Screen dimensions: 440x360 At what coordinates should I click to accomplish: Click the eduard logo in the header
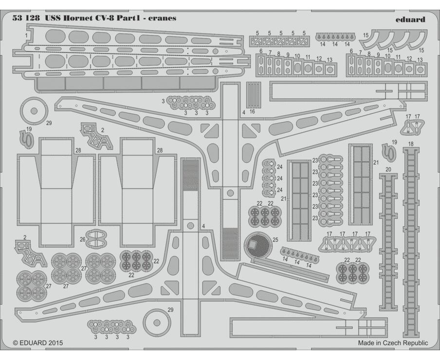point(410,19)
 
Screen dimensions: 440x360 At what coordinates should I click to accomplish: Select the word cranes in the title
point(162,18)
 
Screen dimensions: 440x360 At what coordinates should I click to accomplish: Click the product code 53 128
point(25,18)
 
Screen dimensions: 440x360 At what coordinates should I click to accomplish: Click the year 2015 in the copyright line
point(55,343)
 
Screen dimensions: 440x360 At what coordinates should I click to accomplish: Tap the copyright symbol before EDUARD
point(16,343)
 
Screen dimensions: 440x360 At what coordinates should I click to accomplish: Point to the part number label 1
point(26,36)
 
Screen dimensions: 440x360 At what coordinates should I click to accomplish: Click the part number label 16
point(252,111)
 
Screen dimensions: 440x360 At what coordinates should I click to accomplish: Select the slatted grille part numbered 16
point(254,95)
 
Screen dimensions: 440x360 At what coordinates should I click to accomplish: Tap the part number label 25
point(275,240)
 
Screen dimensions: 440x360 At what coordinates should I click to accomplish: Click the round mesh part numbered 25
point(258,245)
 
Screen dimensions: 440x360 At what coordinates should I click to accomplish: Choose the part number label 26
point(83,239)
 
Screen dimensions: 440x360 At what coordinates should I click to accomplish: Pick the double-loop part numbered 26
point(96,239)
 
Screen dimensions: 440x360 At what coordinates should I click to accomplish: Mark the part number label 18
point(411,144)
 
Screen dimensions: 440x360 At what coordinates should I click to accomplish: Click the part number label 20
point(388,170)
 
